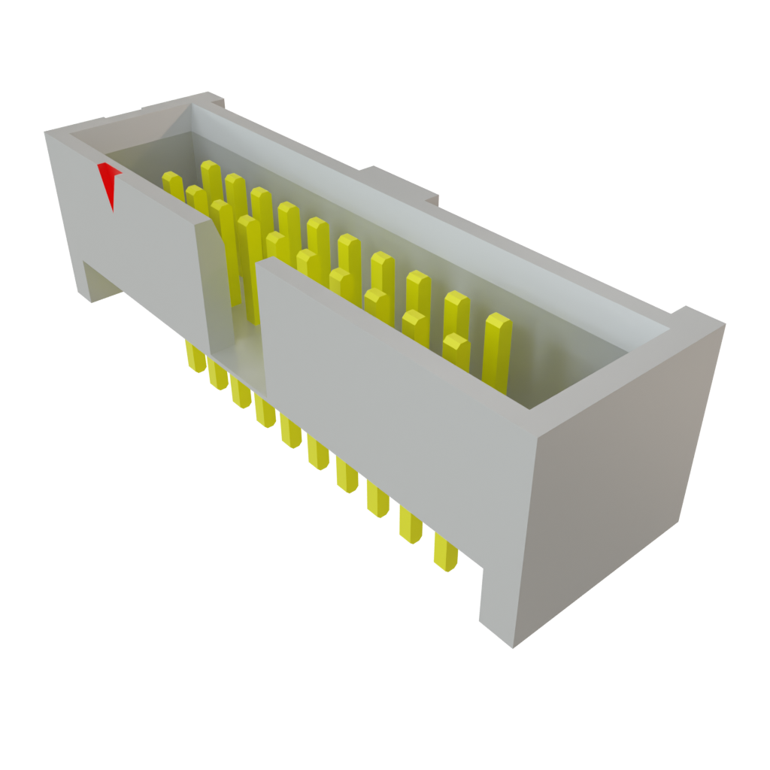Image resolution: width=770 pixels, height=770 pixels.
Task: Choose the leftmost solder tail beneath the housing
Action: [195, 358]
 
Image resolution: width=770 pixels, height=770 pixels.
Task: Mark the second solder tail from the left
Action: [217, 375]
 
